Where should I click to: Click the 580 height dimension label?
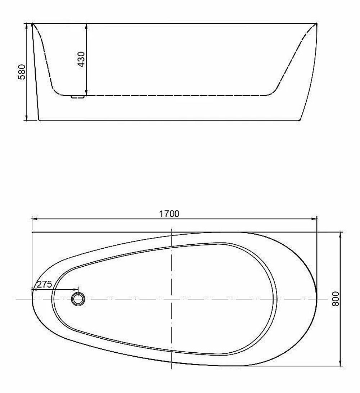pos(22,72)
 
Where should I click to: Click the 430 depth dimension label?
pos(81,59)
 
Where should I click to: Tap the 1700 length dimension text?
pos(169,214)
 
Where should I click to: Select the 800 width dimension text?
pos(335,298)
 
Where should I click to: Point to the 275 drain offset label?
pos(44,284)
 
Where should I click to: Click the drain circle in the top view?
pos(78,299)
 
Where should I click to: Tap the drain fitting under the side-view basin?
pos(78,97)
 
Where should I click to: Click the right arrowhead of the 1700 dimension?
pos(314,219)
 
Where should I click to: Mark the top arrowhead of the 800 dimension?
pos(341,235)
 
